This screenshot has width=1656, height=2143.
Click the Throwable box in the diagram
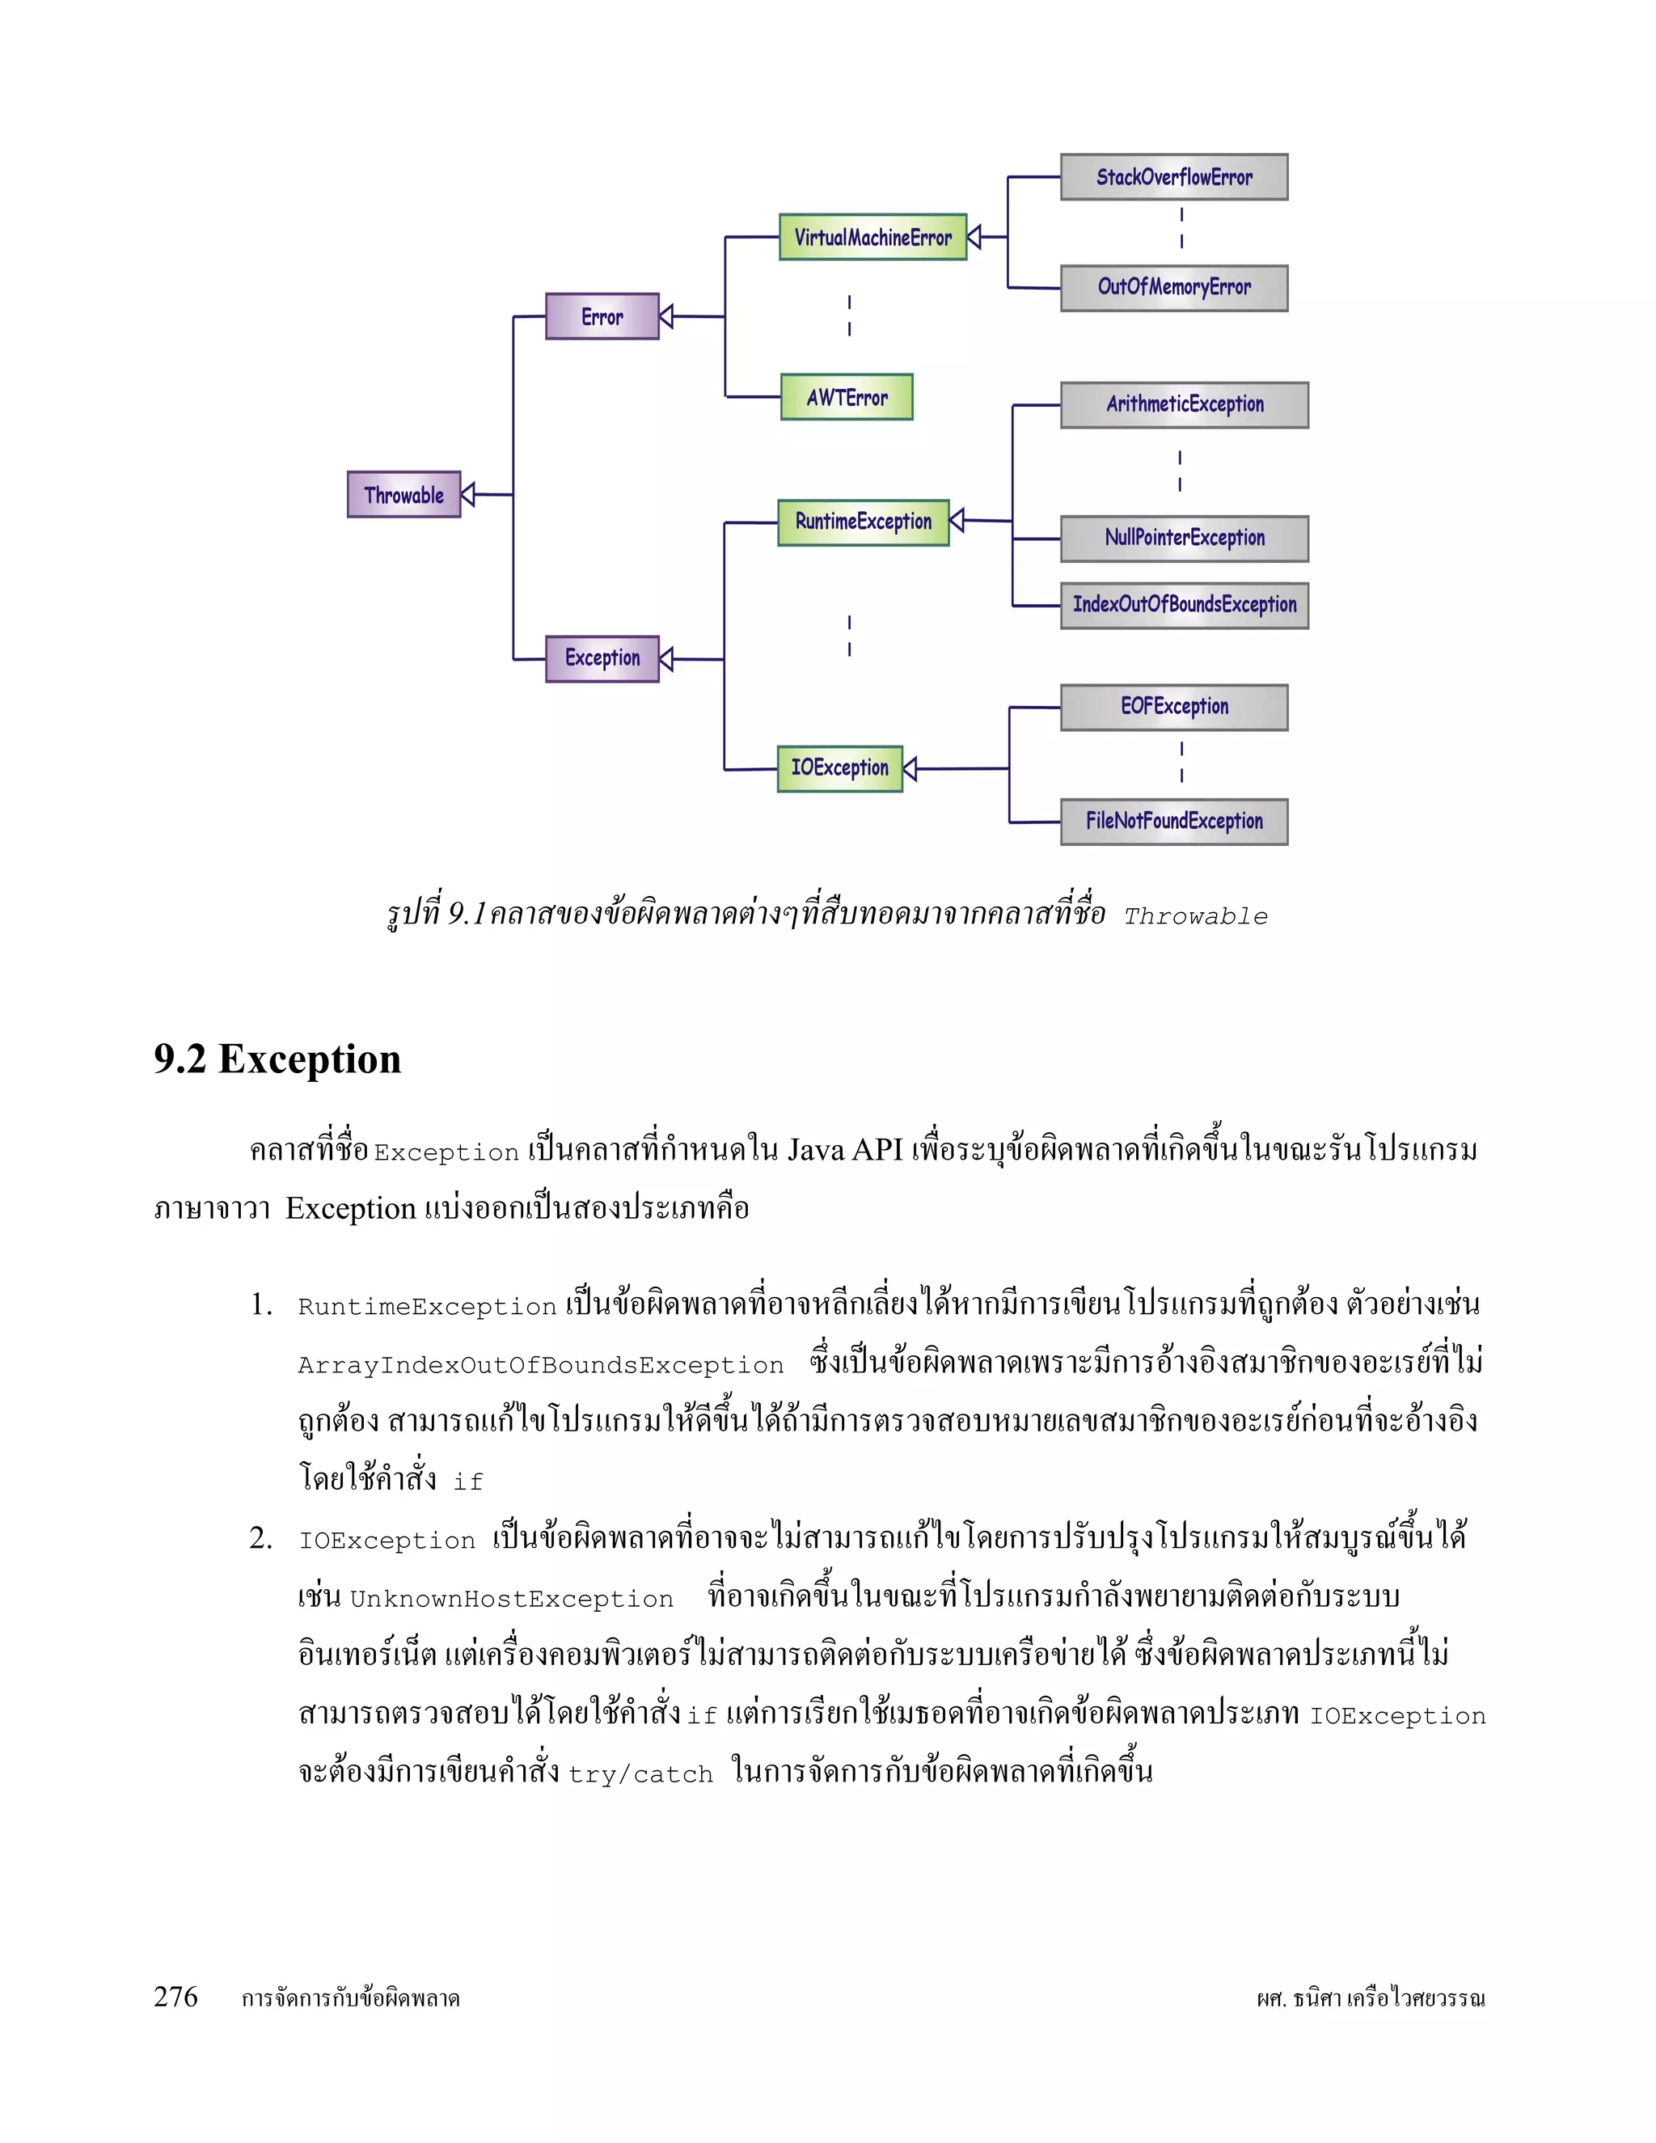pyautogui.click(x=403, y=495)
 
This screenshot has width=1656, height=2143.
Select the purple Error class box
pyautogui.click(x=602, y=317)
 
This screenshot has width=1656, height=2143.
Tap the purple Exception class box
pyautogui.click(x=602, y=658)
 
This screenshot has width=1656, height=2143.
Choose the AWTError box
pyautogui.click(x=847, y=397)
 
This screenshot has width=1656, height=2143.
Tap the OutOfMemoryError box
pyautogui.click(x=1173, y=288)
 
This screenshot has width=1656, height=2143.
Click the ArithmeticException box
pyautogui.click(x=1184, y=405)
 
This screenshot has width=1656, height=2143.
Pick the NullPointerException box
pyautogui.click(x=1184, y=539)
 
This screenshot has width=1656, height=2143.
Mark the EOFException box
pyautogui.click(x=1173, y=708)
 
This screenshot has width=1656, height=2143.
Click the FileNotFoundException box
pyautogui.click(x=1173, y=822)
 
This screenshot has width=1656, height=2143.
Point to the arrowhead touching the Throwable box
pyautogui.click(x=468, y=495)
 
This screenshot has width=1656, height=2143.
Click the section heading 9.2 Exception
pyautogui.click(x=277, y=1059)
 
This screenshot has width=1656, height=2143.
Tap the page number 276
pyautogui.click(x=175, y=1997)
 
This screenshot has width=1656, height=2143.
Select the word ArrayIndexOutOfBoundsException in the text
pyautogui.click(x=541, y=1366)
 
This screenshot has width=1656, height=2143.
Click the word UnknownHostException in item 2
pyautogui.click(x=511, y=1600)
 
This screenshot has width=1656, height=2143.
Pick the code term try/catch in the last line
pyautogui.click(x=640, y=1774)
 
